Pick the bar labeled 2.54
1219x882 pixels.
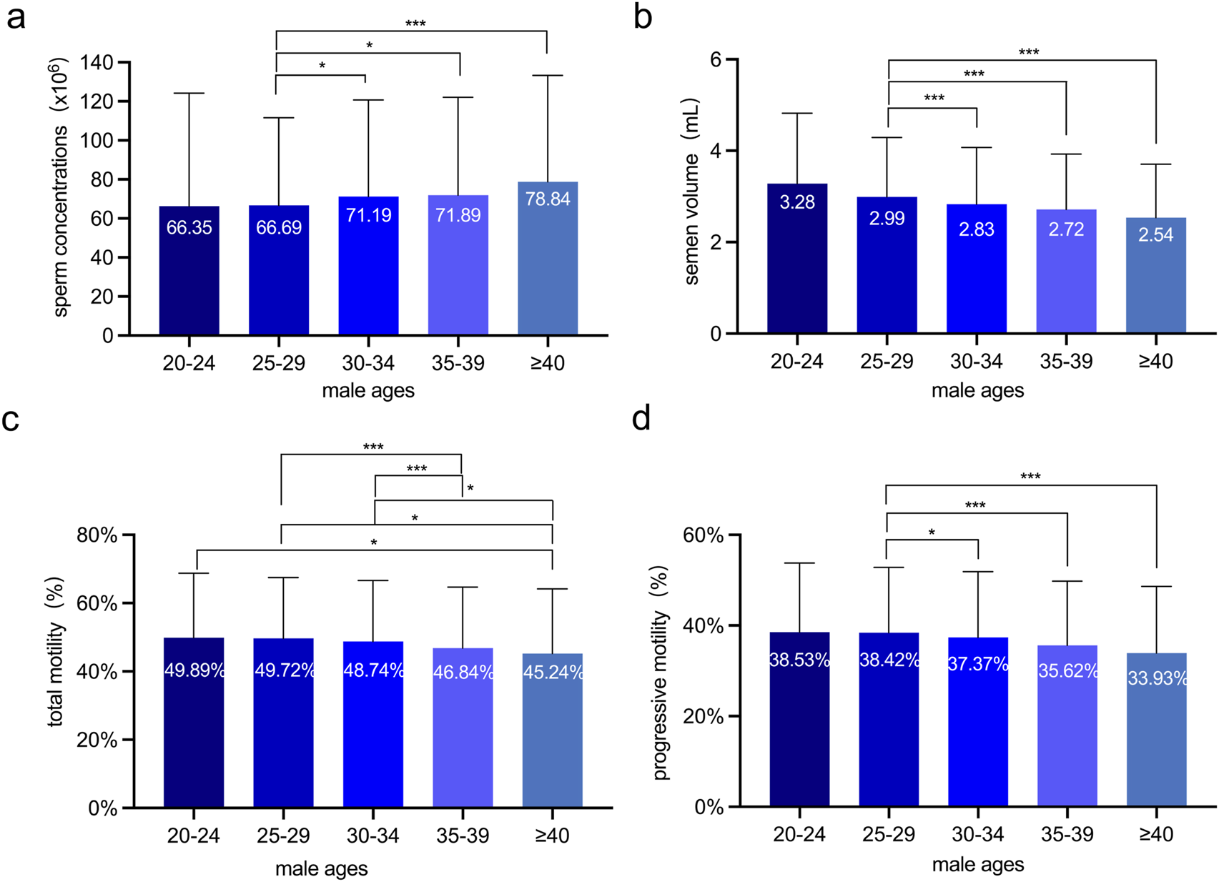point(1155,276)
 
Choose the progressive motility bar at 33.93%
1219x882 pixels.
point(1156,730)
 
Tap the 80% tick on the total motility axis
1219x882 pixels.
point(97,535)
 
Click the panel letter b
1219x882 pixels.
point(643,17)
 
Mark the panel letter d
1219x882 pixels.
point(641,419)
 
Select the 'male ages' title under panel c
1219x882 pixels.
point(322,868)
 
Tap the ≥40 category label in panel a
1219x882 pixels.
point(548,363)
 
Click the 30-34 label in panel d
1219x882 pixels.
point(977,834)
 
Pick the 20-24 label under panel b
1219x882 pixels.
point(797,362)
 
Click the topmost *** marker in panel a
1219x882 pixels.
point(415,24)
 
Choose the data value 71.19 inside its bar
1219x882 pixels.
point(369,215)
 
